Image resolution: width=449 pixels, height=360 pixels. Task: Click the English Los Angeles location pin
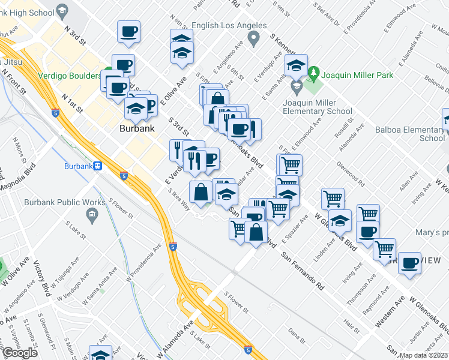click(254, 39)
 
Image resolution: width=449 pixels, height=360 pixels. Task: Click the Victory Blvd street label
click(45, 280)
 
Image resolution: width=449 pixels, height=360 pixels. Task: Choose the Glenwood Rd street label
click(351, 172)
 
